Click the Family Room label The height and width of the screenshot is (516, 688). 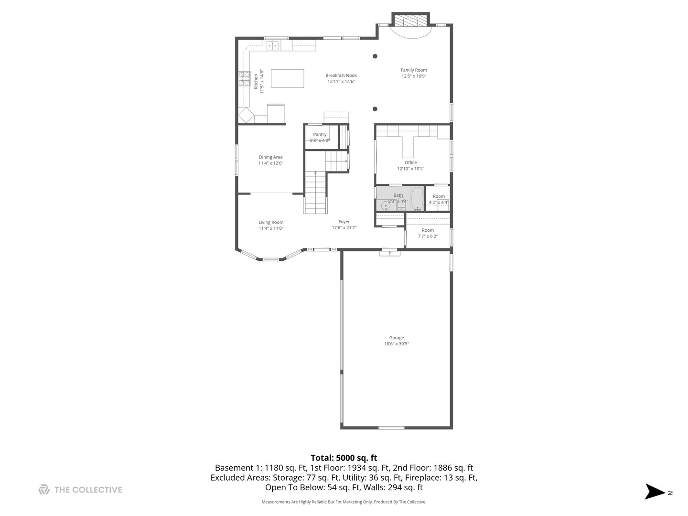coord(414,70)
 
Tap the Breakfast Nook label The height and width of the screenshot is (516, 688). coord(341,75)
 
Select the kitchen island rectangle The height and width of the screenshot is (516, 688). coord(288,78)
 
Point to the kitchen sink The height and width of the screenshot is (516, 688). coord(272,45)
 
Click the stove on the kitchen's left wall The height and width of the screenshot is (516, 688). coord(244,78)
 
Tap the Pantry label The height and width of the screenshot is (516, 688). coord(320,135)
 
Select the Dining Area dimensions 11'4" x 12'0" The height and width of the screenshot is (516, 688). coord(271,163)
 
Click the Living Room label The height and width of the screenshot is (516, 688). coord(271,222)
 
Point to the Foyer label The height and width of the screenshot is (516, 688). coord(344,222)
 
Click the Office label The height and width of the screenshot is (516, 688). coord(410,162)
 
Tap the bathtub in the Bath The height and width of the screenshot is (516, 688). coord(418,198)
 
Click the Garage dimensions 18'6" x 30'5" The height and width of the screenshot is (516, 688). coord(397,344)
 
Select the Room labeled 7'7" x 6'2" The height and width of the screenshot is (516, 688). coord(428,233)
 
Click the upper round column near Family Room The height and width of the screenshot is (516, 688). coord(375,56)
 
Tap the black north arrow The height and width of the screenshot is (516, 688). coord(655,492)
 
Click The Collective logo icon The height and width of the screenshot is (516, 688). coord(44,490)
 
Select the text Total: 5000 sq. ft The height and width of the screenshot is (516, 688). coord(344,458)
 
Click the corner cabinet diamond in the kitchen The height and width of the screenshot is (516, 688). coord(247,116)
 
